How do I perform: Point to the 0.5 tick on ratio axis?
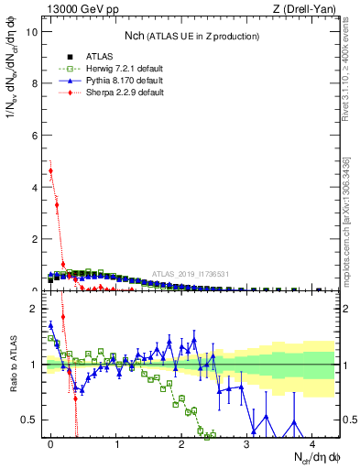30,420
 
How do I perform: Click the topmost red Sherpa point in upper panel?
50,170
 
